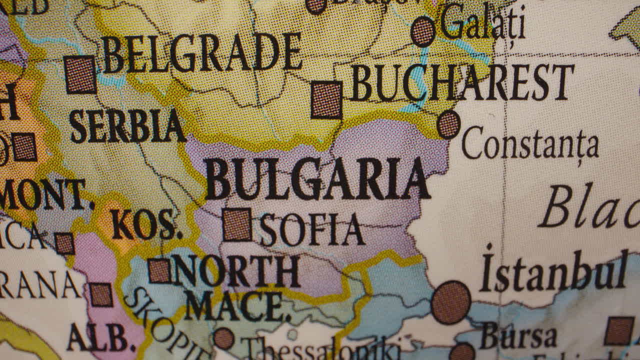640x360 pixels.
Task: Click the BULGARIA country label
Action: click(317, 179)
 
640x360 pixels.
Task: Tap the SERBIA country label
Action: click(127, 125)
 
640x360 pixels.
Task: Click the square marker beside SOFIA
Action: click(237, 224)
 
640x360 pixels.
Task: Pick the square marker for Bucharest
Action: click(326, 99)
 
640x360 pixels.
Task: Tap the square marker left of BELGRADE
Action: click(80, 74)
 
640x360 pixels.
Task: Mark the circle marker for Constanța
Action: click(448, 124)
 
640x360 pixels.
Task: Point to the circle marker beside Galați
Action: click(423, 31)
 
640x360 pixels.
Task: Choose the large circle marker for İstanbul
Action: click(450, 302)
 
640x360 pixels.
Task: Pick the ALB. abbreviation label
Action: click(98, 337)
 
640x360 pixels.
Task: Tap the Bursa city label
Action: click(518, 335)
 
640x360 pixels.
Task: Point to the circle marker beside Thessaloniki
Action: click(223, 338)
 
